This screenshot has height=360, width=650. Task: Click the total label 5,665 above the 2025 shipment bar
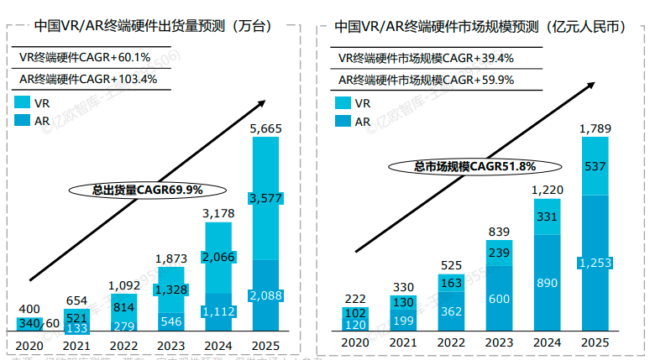tap(266, 128)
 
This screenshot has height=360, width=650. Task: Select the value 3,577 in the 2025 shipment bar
tap(266, 198)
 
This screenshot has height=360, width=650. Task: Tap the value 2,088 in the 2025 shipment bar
tap(266, 295)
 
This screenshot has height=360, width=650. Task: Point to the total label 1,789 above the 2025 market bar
tap(595, 128)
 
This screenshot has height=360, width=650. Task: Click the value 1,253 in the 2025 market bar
tap(595, 263)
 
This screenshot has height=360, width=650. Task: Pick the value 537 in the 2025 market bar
tap(595, 166)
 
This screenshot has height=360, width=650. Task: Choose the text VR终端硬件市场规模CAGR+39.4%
tap(426, 58)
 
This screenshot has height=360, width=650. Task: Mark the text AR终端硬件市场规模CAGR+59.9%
tap(426, 79)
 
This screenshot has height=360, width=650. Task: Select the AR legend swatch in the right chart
tap(343, 122)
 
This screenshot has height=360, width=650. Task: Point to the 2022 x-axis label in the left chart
tap(124, 343)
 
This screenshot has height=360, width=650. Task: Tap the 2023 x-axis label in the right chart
tap(499, 343)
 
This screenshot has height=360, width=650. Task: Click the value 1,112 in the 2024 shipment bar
tap(219, 311)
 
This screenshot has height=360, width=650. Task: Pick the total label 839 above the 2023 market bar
tap(499, 232)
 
